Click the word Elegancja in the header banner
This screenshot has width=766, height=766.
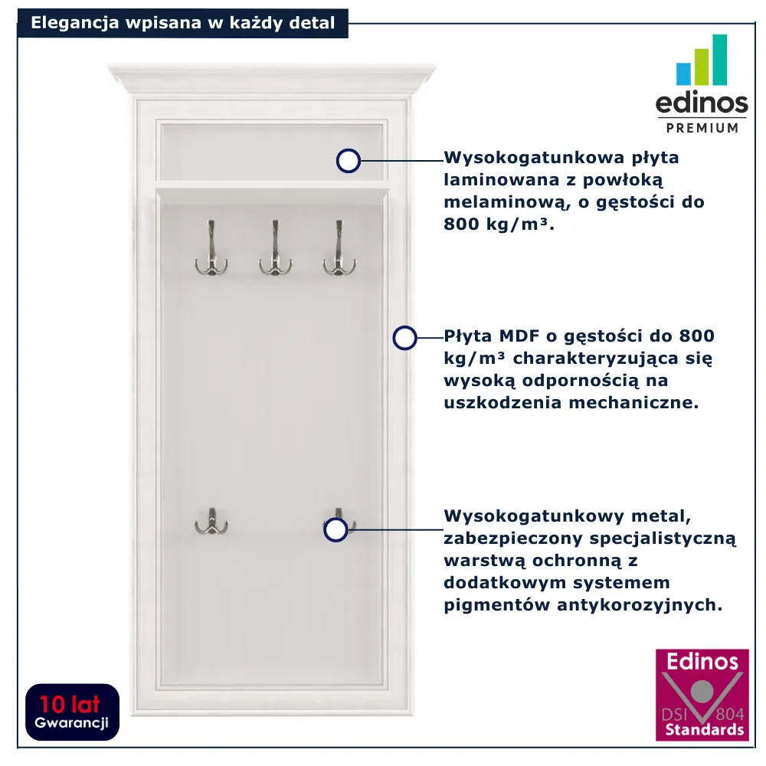(x=75, y=24)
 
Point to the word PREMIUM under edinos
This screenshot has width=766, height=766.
(x=702, y=128)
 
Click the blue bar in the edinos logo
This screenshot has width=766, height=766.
(x=683, y=74)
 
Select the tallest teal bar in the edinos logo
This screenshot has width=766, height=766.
(x=719, y=60)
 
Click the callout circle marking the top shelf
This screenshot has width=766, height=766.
(x=349, y=161)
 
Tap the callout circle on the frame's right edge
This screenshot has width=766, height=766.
(x=404, y=338)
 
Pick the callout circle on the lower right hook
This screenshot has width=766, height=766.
(x=336, y=529)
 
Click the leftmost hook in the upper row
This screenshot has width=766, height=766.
(x=211, y=248)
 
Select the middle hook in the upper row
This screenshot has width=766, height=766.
(x=276, y=248)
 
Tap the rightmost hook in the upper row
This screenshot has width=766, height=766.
(x=339, y=248)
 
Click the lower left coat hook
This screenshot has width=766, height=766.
(x=211, y=521)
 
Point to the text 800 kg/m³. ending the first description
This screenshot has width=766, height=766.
(x=499, y=224)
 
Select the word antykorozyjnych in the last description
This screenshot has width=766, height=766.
(x=640, y=605)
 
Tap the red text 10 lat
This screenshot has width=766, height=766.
(x=70, y=705)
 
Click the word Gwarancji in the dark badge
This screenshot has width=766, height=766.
(x=71, y=723)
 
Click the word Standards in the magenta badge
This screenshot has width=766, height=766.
(x=704, y=730)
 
